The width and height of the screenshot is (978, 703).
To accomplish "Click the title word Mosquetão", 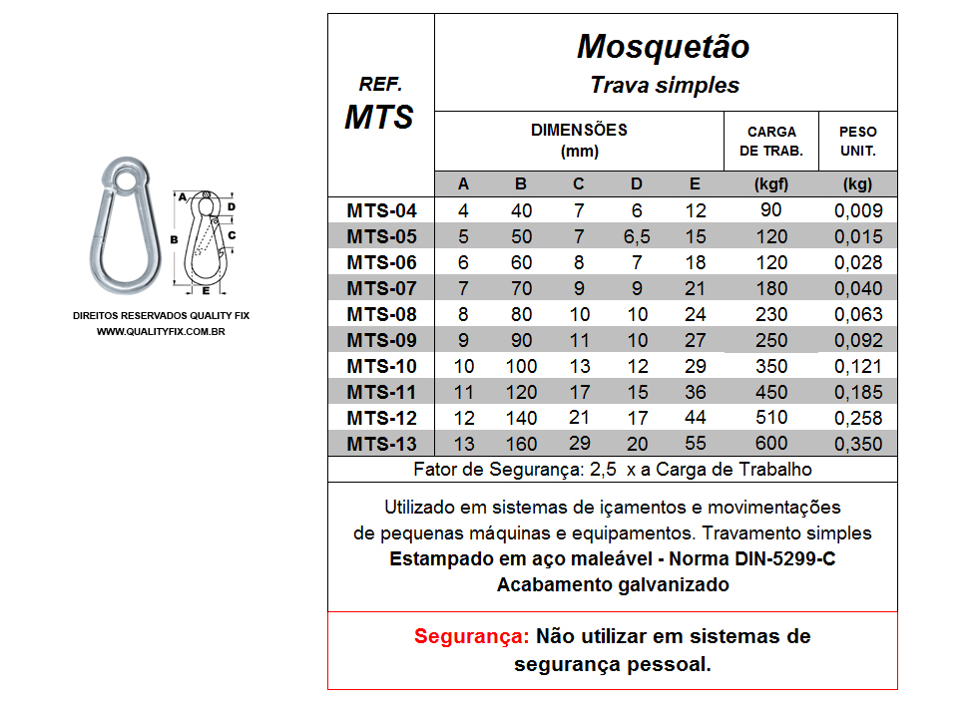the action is coord(663,47).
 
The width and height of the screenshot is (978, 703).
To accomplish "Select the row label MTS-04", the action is coord(381,210).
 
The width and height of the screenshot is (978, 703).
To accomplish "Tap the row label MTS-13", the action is coord(381,444).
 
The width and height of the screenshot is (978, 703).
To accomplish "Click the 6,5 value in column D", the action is coord(637,236).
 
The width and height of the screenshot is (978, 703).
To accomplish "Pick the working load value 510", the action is coord(771,418).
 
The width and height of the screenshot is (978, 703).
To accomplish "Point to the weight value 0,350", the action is coord(857,444).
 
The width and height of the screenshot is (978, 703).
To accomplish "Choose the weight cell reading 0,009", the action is coord(857,210).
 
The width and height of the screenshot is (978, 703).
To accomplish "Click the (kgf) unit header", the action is coord(771,183).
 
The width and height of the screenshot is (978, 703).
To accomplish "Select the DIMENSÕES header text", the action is coord(579,131).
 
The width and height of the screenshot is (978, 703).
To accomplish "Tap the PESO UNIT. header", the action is coord(857,141).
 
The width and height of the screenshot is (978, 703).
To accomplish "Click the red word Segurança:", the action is coord(471,636).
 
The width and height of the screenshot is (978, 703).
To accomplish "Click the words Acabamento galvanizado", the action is coord(613,585).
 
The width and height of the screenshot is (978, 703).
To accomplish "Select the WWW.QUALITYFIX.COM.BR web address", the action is coord(161,330).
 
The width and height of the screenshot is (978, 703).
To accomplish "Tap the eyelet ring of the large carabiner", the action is coord(126,176).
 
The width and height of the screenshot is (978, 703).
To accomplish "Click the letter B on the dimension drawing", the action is coord(174,240).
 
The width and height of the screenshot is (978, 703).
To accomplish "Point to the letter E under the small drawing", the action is coord(206,292).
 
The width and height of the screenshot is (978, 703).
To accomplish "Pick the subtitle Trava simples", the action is coord(665,85).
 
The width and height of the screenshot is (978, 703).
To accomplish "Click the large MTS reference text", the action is coord(379,117).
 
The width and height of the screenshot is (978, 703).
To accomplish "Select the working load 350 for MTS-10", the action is coord(771,366).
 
